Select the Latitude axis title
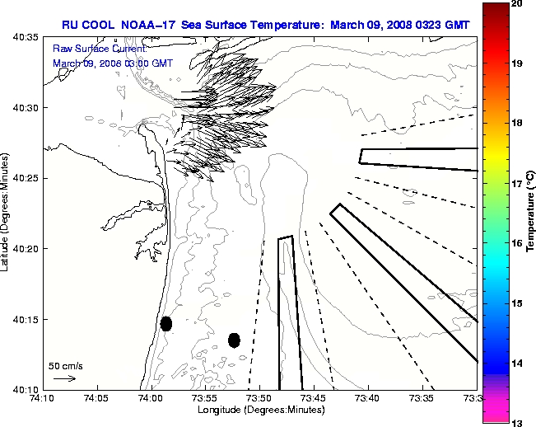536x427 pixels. click(x=7, y=213)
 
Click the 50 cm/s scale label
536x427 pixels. click(x=66, y=365)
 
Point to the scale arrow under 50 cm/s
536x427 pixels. click(x=64, y=378)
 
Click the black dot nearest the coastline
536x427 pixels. click(x=166, y=323)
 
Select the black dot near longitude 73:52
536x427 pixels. click(x=234, y=340)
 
